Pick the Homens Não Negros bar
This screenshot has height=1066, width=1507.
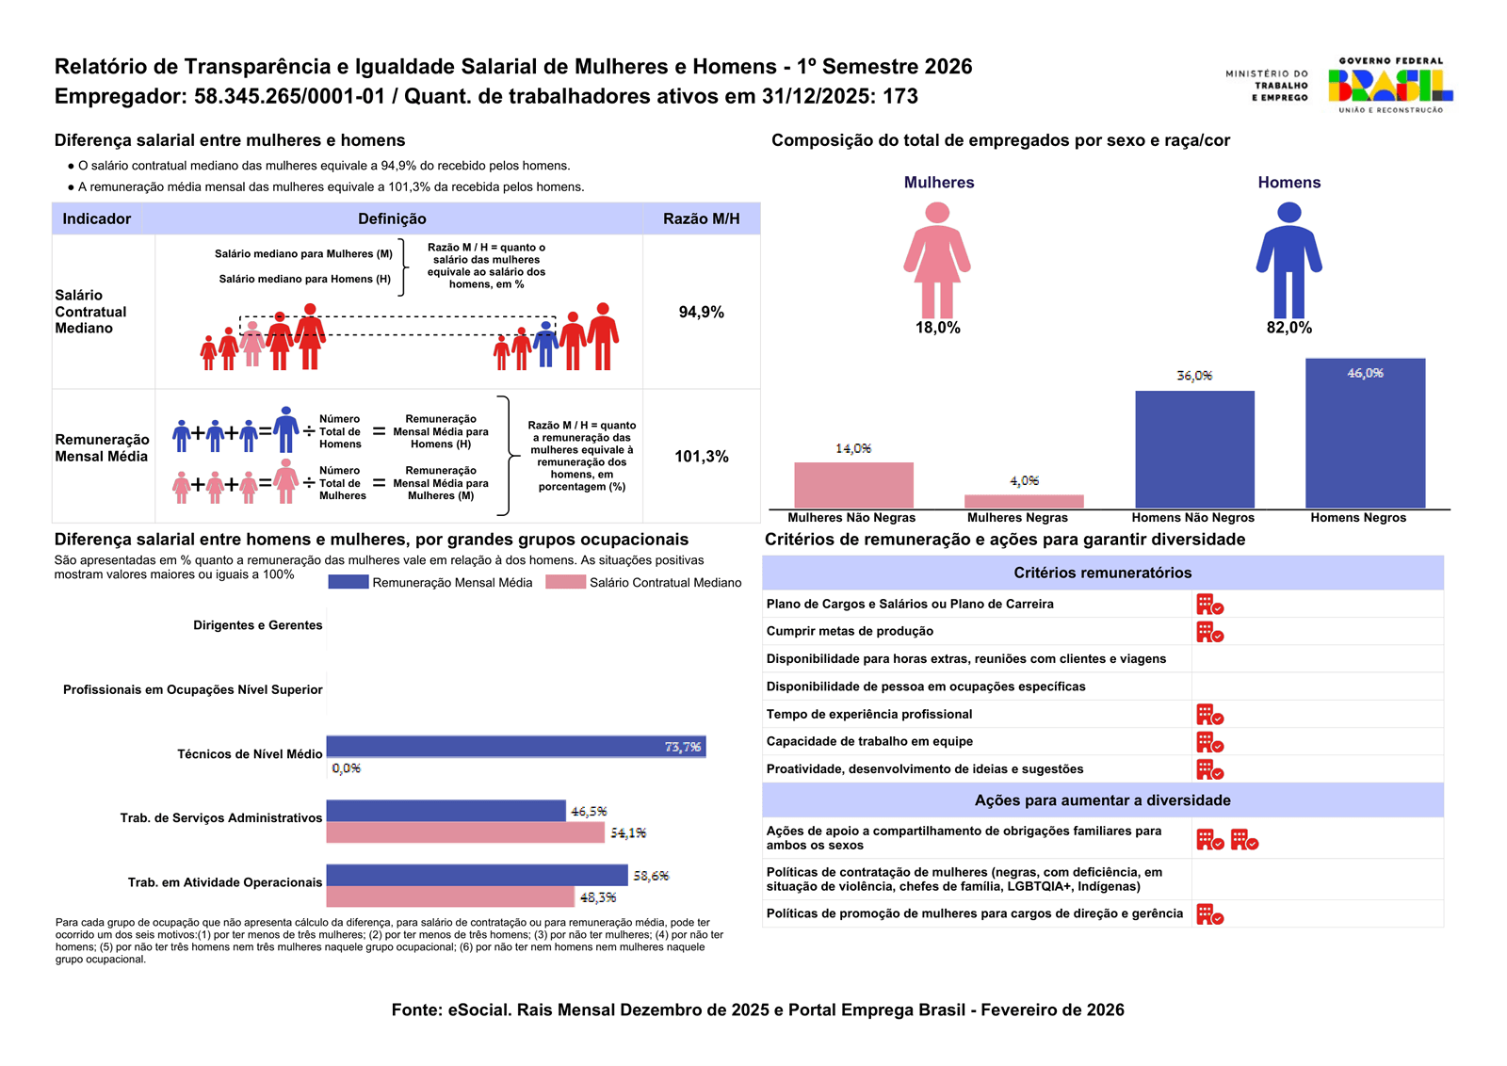tap(1194, 449)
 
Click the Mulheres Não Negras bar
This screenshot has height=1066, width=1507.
tap(853, 485)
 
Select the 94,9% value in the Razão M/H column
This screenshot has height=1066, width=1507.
tap(702, 313)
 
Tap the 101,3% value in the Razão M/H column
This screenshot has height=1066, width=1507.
tap(702, 457)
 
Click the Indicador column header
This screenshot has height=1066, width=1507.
tap(97, 218)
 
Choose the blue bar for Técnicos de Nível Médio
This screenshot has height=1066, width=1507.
tap(515, 747)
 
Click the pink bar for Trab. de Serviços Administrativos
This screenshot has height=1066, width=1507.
tap(465, 832)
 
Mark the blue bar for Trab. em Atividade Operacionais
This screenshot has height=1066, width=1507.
tap(477, 875)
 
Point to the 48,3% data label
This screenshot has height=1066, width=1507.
tap(598, 898)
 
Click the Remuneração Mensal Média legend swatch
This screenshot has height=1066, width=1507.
tap(348, 582)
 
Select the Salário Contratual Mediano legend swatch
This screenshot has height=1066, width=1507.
tap(565, 582)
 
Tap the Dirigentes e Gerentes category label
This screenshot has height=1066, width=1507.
tap(258, 625)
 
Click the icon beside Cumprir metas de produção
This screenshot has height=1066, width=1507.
tap(1209, 632)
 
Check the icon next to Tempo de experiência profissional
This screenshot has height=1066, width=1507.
tap(1209, 715)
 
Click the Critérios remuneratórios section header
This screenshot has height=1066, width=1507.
tap(1102, 573)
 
